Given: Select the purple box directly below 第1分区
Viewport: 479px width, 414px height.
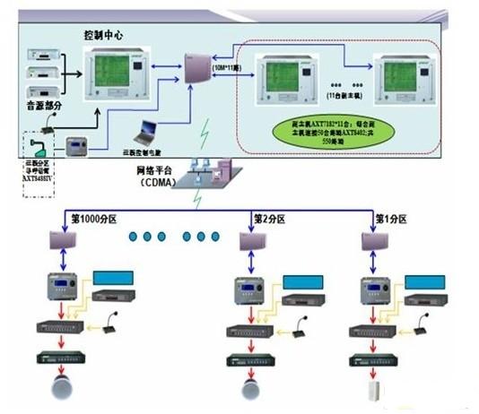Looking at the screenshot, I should (376, 242).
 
